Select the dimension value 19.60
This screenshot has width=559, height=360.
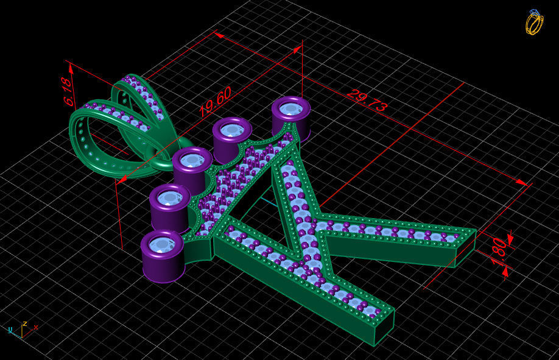(x=215, y=102)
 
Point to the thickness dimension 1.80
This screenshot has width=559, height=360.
(x=499, y=250)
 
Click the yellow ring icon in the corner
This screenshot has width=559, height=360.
(x=534, y=23)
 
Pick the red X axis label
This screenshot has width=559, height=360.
(x=36, y=327)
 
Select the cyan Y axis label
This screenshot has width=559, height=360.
(x=10, y=330)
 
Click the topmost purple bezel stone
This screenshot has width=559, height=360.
(x=290, y=110)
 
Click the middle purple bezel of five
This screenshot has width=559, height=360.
(x=192, y=161)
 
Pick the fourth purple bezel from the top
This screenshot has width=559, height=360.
(x=169, y=199)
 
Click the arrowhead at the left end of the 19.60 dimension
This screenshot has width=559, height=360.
(x=121, y=179)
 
